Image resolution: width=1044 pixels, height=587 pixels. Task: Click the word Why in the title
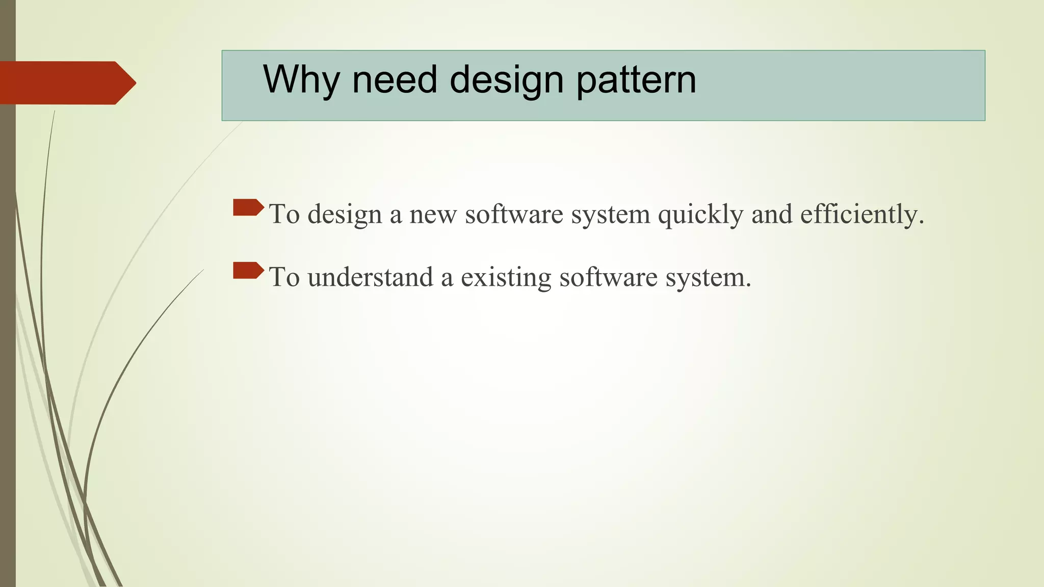[x=301, y=80]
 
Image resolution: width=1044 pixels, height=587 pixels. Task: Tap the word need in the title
[x=395, y=80]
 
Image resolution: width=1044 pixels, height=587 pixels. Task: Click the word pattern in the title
[x=636, y=81]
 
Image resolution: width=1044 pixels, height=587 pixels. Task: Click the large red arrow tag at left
[x=66, y=83]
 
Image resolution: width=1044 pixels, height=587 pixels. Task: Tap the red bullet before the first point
[x=248, y=207]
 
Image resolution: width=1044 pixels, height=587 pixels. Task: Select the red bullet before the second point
[x=248, y=271]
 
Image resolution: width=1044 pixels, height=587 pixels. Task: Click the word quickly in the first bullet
[x=700, y=215]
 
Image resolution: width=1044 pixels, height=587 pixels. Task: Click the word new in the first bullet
[x=433, y=215]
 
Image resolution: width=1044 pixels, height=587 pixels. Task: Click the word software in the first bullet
[x=514, y=215]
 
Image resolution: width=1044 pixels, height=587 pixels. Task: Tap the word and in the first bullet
[x=771, y=215]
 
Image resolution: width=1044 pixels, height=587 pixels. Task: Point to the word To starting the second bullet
[x=284, y=278]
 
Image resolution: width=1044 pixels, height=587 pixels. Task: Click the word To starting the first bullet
[x=284, y=215]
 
